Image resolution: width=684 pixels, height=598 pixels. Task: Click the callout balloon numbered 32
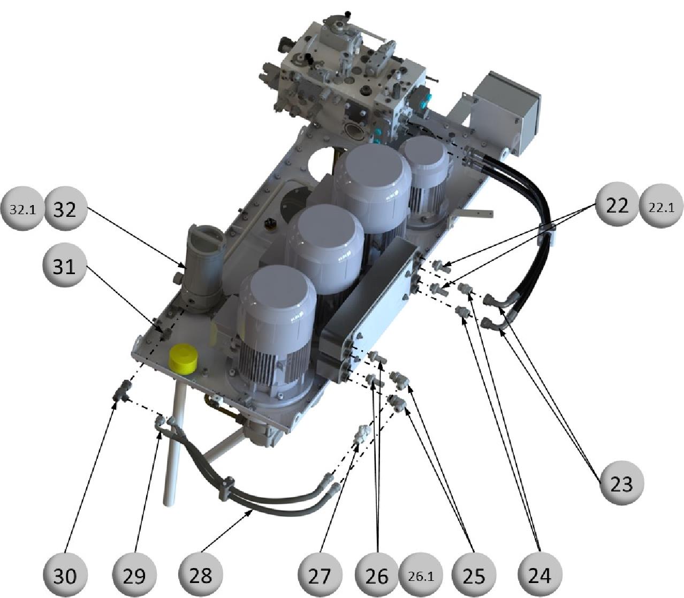coord(65,209)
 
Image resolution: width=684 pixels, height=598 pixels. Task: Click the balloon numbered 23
coord(621,482)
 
